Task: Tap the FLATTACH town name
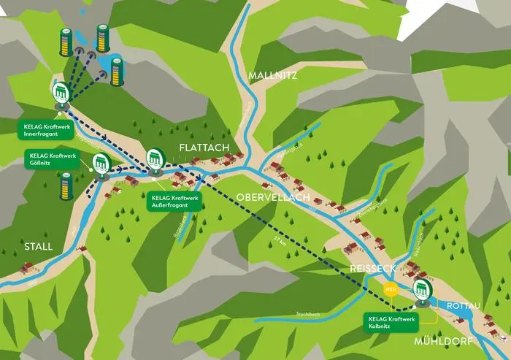pos(204,148)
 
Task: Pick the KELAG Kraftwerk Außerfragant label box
pos(175,200)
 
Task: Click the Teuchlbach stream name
pos(310,313)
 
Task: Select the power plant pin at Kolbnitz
pos(420,290)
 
